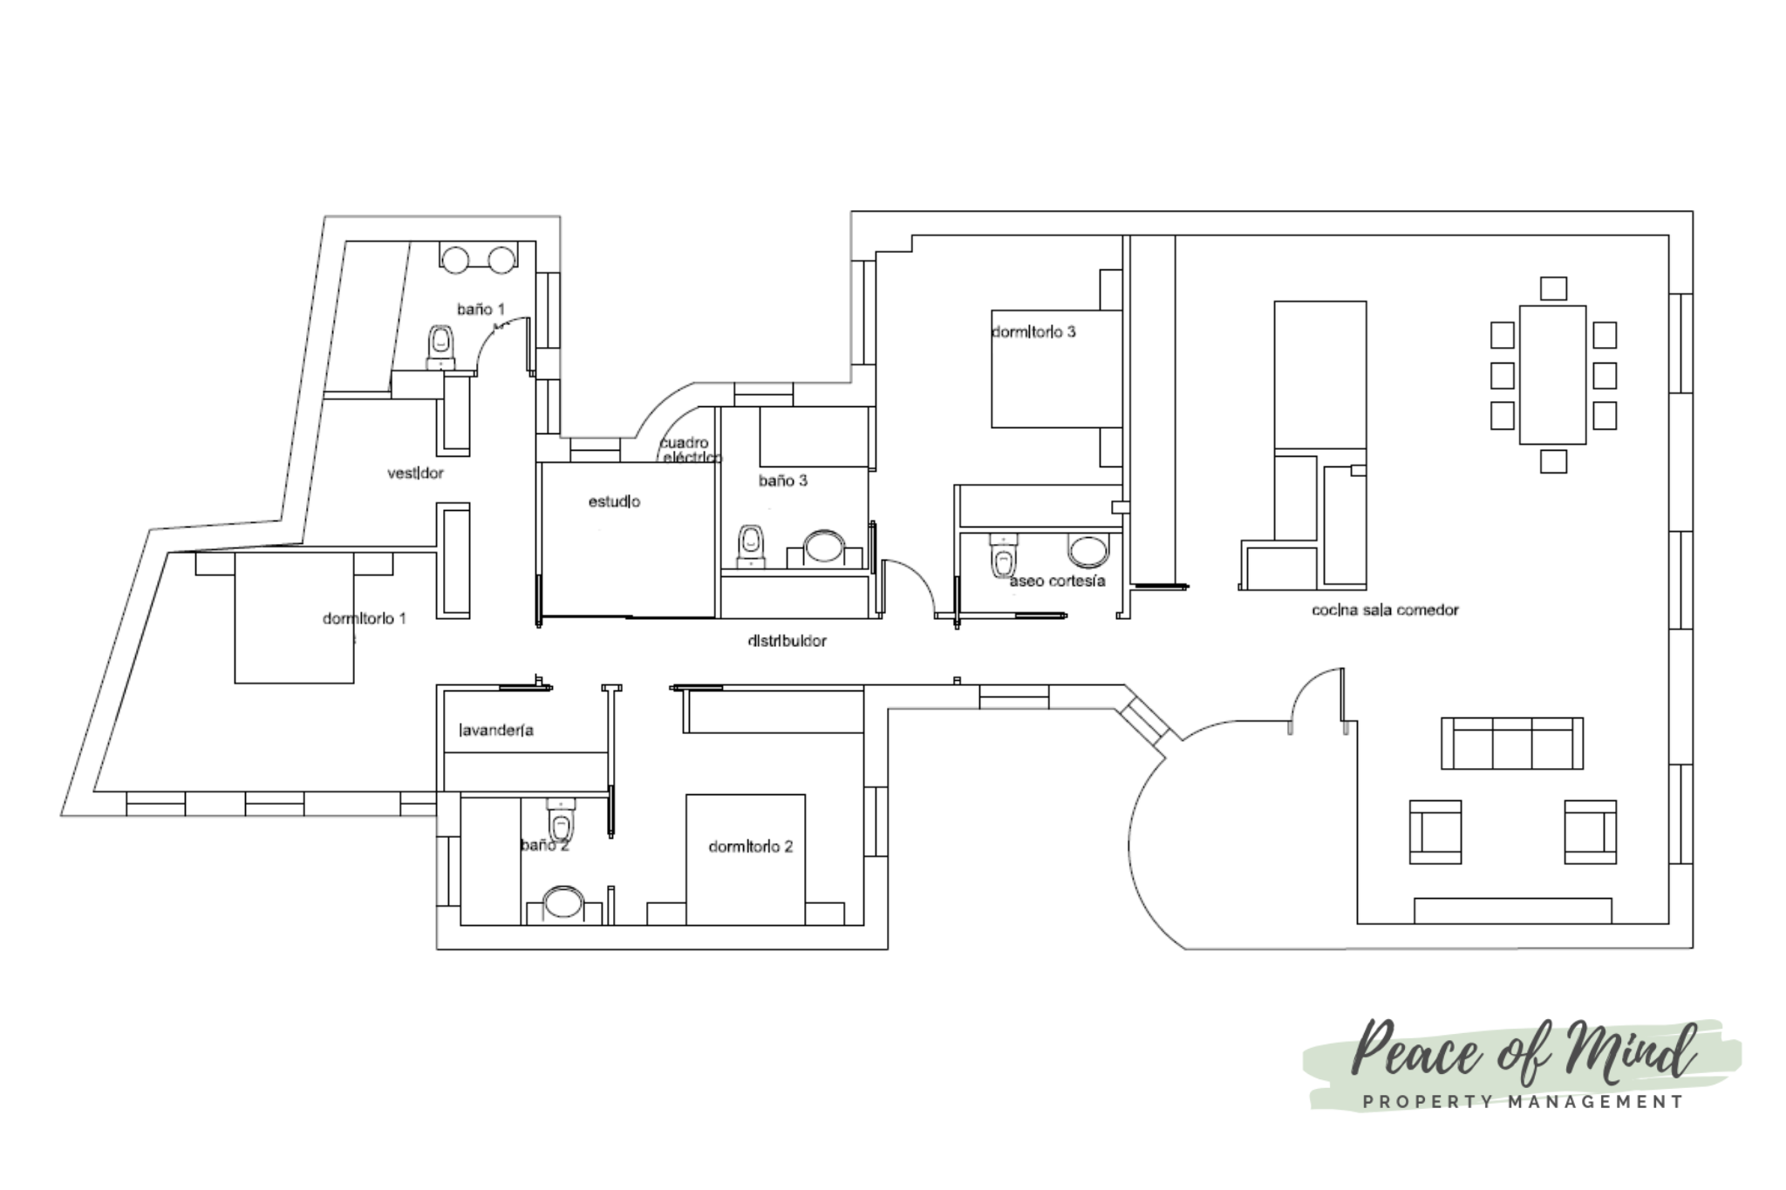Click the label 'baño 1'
pyautogui.click(x=481, y=309)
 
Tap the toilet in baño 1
pyautogui.click(x=441, y=348)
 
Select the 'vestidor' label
pyautogui.click(x=415, y=473)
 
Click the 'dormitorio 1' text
pyautogui.click(x=365, y=619)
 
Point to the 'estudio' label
pyautogui.click(x=614, y=502)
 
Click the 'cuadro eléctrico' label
pyautogui.click(x=690, y=450)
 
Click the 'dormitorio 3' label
pyautogui.click(x=1033, y=332)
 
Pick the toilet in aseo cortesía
pyautogui.click(x=1005, y=555)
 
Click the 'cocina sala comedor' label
pyautogui.click(x=1385, y=610)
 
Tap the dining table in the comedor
pyautogui.click(x=1552, y=375)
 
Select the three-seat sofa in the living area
pyautogui.click(x=1512, y=744)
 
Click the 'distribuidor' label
pyautogui.click(x=787, y=642)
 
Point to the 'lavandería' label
pyautogui.click(x=495, y=731)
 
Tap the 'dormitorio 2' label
pyautogui.click(x=751, y=847)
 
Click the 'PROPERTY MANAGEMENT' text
pyautogui.click(x=1524, y=1102)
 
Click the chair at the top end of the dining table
pyautogui.click(x=1553, y=289)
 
